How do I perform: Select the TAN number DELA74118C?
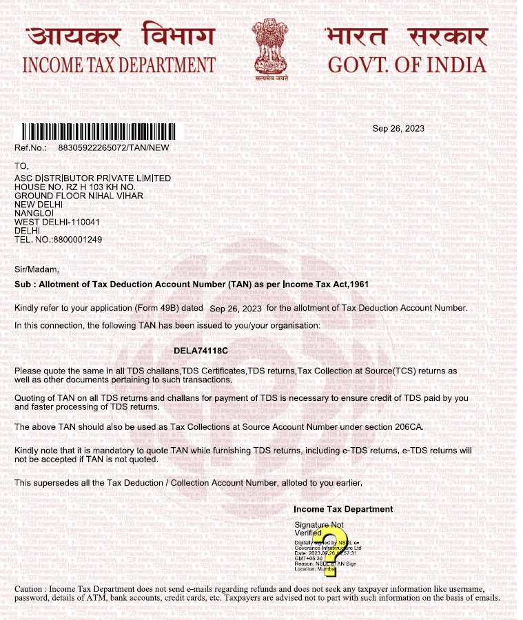click(x=201, y=351)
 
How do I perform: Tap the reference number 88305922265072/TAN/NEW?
click(x=114, y=147)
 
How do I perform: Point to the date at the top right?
click(x=398, y=128)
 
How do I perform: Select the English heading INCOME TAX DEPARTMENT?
click(x=119, y=65)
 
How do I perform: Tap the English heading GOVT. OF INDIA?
click(x=407, y=65)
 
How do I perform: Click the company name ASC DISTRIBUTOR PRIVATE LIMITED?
click(x=92, y=178)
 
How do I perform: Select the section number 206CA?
click(x=407, y=427)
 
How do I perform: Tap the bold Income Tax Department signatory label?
click(x=343, y=509)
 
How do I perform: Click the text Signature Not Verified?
click(x=318, y=529)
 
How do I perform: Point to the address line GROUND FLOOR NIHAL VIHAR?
click(x=79, y=196)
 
